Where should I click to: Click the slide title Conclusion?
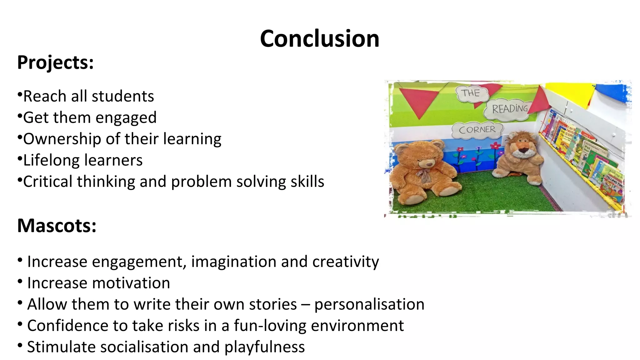(x=319, y=39)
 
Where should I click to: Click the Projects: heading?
(x=55, y=62)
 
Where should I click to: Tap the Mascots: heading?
(x=57, y=226)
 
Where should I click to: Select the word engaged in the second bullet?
(x=126, y=118)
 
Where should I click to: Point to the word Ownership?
(x=62, y=139)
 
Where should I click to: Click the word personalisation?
(x=369, y=304)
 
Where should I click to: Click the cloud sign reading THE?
(x=471, y=93)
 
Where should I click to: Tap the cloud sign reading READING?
(x=509, y=109)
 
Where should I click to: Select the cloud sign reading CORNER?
(x=477, y=129)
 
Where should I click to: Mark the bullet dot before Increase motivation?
(x=20, y=281)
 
